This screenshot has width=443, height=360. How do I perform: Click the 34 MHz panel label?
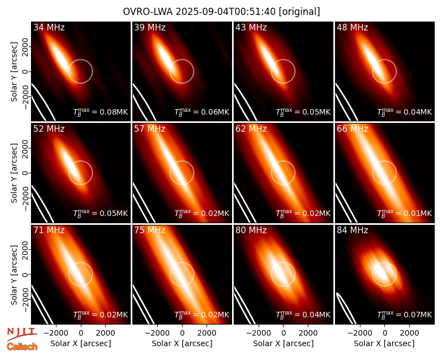click(49, 27)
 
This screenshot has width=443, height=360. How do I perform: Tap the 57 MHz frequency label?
click(150, 129)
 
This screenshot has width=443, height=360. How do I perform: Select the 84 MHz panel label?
click(352, 230)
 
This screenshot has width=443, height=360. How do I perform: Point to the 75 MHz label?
click(150, 230)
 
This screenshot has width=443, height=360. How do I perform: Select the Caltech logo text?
click(22, 347)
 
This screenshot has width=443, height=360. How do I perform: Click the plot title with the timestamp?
click(221, 12)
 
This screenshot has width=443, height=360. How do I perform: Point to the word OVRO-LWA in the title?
click(148, 12)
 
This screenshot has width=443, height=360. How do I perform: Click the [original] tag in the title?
click(300, 12)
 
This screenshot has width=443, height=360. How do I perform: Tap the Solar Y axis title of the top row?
click(14, 72)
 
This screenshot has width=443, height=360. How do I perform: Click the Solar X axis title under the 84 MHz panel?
click(384, 343)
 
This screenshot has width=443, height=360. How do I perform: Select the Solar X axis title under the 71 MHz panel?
click(81, 343)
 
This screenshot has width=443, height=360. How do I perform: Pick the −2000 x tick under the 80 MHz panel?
click(259, 333)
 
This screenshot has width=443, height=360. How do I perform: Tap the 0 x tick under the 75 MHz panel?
click(182, 333)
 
